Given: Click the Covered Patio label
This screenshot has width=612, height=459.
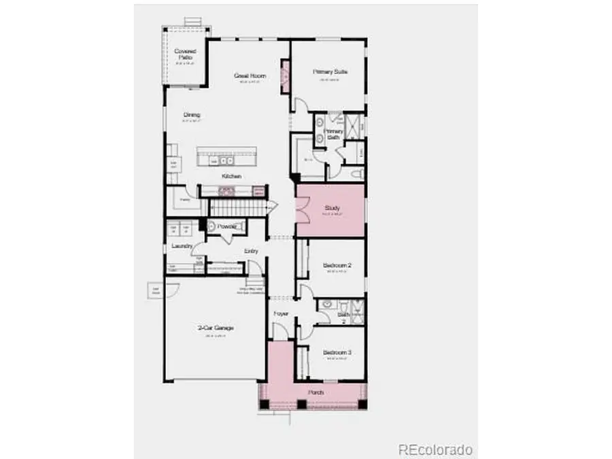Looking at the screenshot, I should point(184,54).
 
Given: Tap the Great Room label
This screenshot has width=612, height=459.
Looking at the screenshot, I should point(250,75).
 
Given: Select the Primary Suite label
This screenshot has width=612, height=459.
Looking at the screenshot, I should point(330,71).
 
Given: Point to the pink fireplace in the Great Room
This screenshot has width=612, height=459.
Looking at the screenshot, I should point(285,73).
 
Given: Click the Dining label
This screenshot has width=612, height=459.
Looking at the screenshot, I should point(191,115).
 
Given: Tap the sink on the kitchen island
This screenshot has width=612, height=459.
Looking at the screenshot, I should point(222,160).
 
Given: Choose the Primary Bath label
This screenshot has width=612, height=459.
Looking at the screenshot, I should point(333,134).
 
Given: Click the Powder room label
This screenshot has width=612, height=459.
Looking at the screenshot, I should point(226,226).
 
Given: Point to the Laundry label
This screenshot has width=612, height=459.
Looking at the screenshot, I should point(182,245).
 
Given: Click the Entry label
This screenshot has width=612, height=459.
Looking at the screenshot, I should point(252,252).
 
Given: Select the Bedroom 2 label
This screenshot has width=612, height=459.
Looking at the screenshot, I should point(336,265).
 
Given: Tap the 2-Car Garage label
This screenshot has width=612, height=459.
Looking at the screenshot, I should point(216,328).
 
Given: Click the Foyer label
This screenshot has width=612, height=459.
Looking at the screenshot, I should point(281,313).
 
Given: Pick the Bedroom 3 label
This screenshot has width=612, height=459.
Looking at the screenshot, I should point(336,352).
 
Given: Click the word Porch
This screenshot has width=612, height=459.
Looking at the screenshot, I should point(315,392).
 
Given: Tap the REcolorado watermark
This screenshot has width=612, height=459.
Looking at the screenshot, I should point(435,449).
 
